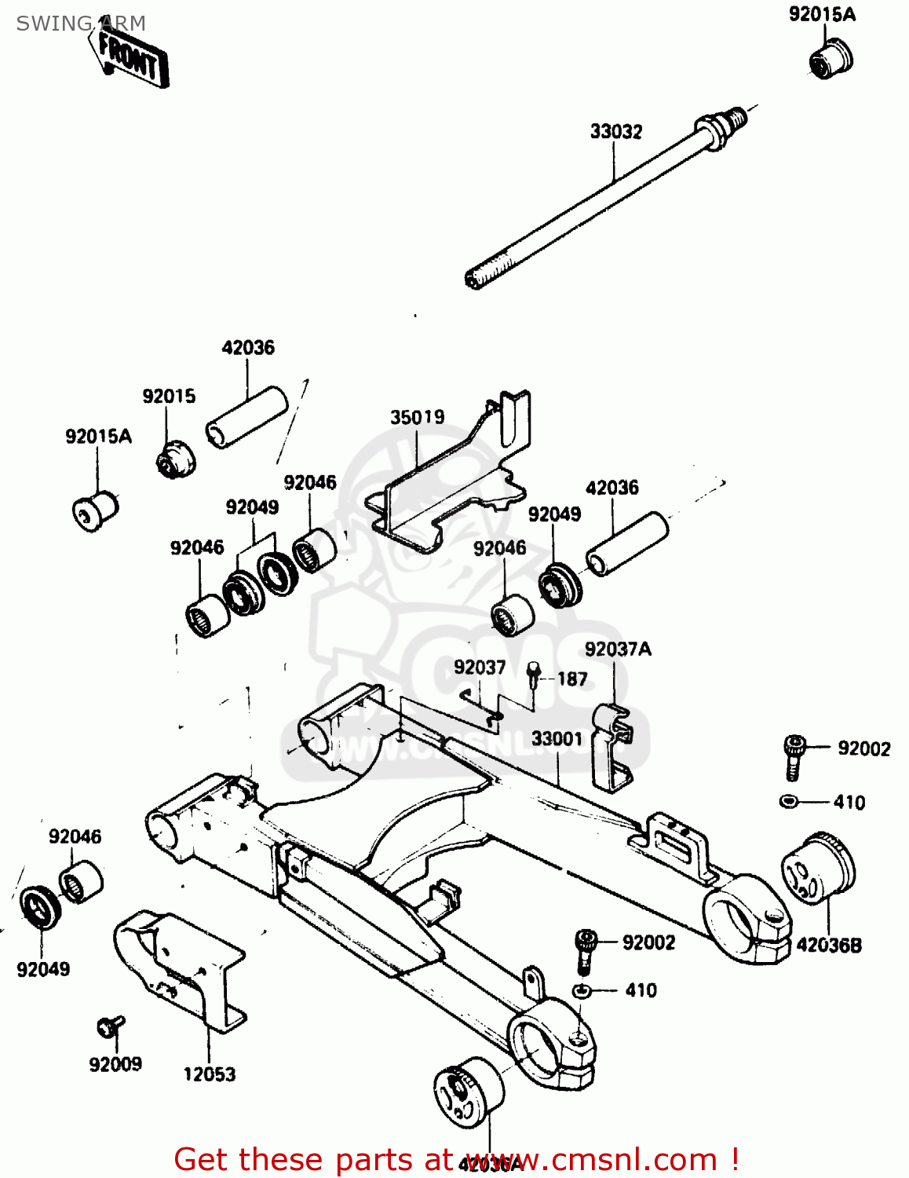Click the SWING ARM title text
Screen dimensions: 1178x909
pyautogui.click(x=81, y=24)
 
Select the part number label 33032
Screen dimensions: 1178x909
pyautogui.click(x=615, y=131)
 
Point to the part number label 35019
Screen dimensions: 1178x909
pyautogui.click(x=418, y=417)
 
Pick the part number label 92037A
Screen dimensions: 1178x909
pyautogui.click(x=618, y=649)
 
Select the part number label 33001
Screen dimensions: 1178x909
pyautogui.click(x=557, y=739)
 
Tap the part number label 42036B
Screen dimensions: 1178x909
pyautogui.click(x=829, y=945)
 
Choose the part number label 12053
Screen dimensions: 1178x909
pyautogui.click(x=209, y=1074)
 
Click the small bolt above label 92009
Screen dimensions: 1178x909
pyautogui.click(x=109, y=1026)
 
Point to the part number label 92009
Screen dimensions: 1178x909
pyautogui.click(x=115, y=1064)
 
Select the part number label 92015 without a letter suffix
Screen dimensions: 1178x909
pyautogui.click(x=169, y=396)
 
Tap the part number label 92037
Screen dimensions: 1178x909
pyautogui.click(x=480, y=668)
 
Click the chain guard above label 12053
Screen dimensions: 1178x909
pyautogui.click(x=181, y=966)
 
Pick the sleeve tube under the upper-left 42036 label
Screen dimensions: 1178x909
pyautogui.click(x=246, y=416)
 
